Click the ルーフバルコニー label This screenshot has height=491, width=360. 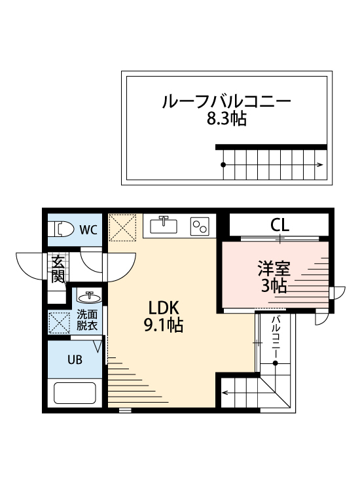point(226,102)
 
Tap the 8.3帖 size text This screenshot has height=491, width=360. point(226,120)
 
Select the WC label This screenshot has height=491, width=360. point(88,229)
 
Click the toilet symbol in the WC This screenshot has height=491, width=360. point(62,229)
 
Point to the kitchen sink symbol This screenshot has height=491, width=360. point(164,225)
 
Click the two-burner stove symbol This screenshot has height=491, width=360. point(199,226)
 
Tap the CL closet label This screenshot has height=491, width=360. point(280,226)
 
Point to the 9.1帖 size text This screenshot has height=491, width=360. point(163,325)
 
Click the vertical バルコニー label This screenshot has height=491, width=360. point(276,335)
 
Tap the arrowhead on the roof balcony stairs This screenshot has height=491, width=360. point(320,164)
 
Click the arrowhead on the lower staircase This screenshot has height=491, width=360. point(225,393)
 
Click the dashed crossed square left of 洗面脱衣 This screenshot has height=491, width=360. point(58,321)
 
